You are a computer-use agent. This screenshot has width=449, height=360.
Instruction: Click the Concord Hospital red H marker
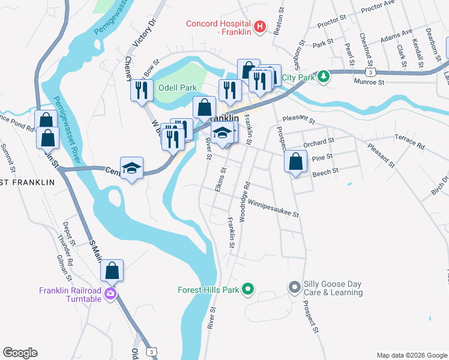pyautogui.click(x=260, y=26)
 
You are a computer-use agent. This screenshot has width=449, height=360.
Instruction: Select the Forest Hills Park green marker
pyautogui.click(x=247, y=290)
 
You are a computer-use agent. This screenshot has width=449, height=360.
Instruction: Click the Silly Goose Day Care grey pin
pyautogui.click(x=294, y=287)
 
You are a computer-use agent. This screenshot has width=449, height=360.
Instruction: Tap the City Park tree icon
pyautogui.click(x=324, y=76)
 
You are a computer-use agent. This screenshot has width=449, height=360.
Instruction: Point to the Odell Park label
pyautogui.click(x=177, y=88)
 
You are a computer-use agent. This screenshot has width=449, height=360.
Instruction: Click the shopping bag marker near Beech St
pyautogui.click(x=295, y=161)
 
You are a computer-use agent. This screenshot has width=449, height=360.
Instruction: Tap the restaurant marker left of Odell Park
pyautogui.click(x=142, y=91)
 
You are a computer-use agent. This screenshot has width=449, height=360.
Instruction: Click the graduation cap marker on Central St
pyautogui.click(x=131, y=169)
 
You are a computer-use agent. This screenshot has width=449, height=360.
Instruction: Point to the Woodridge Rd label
pyautogui.click(x=244, y=202)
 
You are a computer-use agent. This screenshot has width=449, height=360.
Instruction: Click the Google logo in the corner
pyautogui.click(x=20, y=353)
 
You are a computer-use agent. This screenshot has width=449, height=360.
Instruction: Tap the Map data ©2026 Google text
pyautogui.click(x=411, y=355)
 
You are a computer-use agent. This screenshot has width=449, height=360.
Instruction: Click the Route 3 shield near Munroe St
pyautogui.click(x=373, y=72)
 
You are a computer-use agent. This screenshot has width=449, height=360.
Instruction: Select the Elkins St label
pyautogui.click(x=220, y=179)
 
